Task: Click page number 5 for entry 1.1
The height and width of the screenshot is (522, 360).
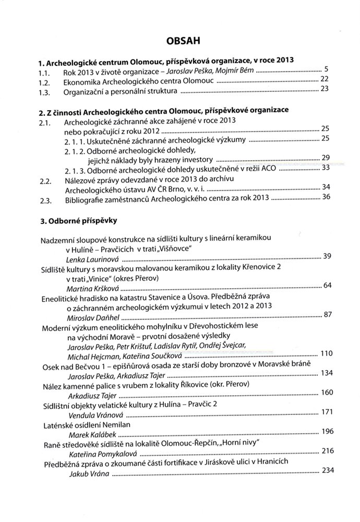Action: (x=325, y=69)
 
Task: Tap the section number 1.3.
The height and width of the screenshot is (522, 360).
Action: (x=45, y=91)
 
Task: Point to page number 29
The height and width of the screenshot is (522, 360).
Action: (x=326, y=158)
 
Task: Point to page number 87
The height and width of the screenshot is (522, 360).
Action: (x=328, y=314)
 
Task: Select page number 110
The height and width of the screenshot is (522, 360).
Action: (x=326, y=354)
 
